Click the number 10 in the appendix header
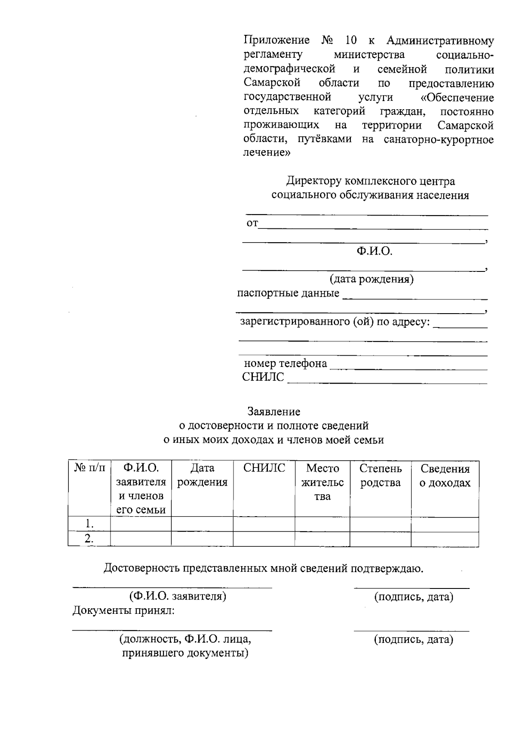click(350, 41)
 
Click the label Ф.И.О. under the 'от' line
click(374, 251)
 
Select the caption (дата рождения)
click(372, 280)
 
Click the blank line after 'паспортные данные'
click(415, 298)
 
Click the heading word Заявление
click(274, 412)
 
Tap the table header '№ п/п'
click(89, 468)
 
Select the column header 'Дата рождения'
click(202, 475)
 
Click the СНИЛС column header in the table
click(264, 468)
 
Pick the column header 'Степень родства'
click(381, 475)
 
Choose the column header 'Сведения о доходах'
click(445, 475)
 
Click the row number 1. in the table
click(89, 524)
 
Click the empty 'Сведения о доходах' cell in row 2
click(445, 539)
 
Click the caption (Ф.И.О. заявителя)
click(178, 596)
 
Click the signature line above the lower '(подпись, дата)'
click(412, 631)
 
